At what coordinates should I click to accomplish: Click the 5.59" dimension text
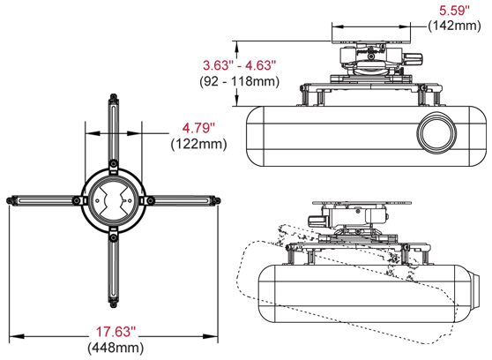pos(455,11)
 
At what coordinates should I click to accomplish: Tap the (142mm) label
pos(454,26)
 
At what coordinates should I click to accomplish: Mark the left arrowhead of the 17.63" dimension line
pos(11,335)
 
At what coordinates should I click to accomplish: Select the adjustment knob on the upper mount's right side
pos(412,59)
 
